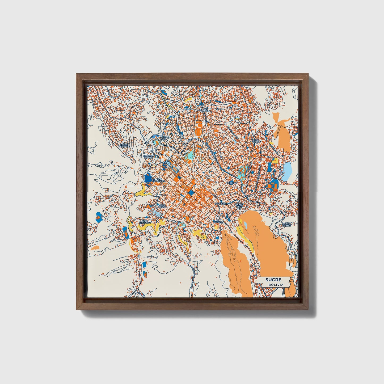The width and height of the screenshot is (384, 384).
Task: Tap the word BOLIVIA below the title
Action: [275, 285]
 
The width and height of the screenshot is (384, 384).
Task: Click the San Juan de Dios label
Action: [149, 157]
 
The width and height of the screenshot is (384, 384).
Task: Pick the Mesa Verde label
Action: [255, 141]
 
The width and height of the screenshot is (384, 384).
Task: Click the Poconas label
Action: [231, 183]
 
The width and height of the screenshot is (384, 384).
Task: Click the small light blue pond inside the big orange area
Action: [246, 226]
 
